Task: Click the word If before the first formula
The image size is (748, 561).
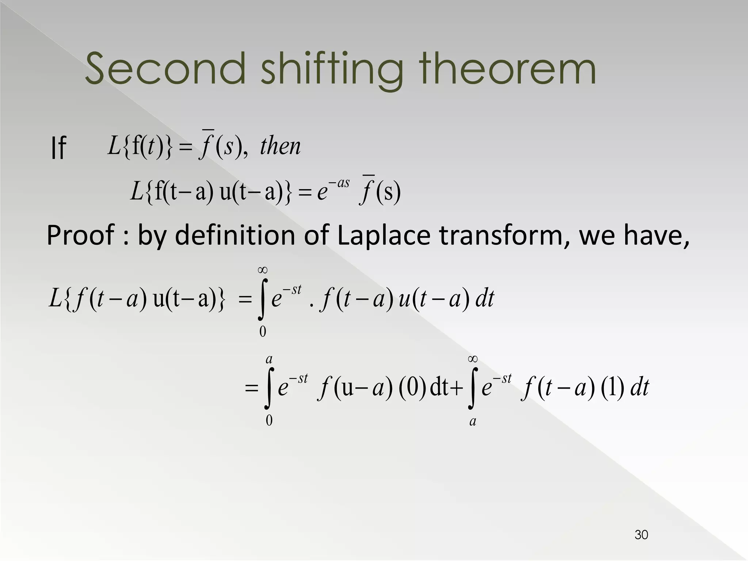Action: click(x=58, y=148)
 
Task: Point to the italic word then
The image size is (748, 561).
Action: click(x=280, y=146)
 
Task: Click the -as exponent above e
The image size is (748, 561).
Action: click(x=339, y=183)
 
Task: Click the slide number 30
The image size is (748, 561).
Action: click(x=641, y=535)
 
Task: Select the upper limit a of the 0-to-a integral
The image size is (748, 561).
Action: click(x=269, y=360)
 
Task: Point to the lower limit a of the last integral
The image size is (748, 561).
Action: click(x=473, y=421)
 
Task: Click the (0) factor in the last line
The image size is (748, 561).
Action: click(x=412, y=388)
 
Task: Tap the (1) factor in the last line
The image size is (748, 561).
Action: click(x=612, y=388)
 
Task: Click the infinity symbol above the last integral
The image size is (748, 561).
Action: click(x=473, y=359)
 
